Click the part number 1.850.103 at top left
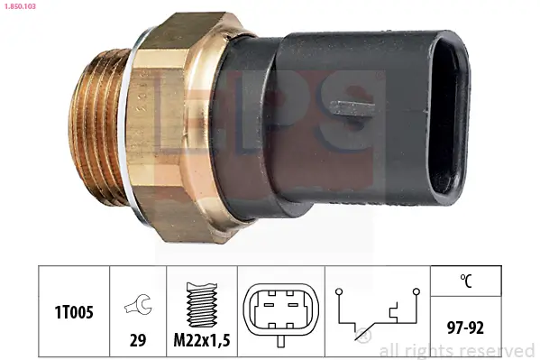pyautogui.click(x=19, y=6)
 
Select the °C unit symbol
pyautogui.click(x=465, y=281)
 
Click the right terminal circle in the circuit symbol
pyautogui.click(x=416, y=291)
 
